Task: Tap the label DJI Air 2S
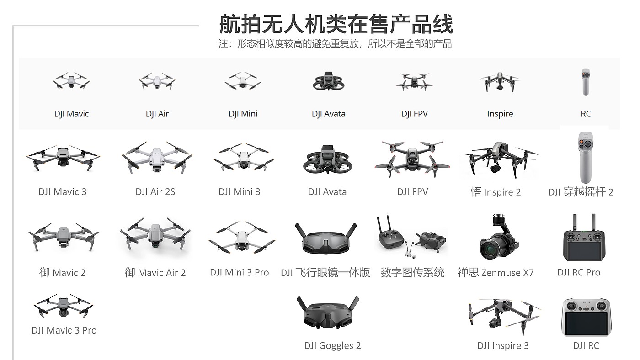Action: [x=155, y=192]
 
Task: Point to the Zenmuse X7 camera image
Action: [x=496, y=238]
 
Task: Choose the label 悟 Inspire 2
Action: [x=496, y=192]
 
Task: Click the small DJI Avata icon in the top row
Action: [x=328, y=82]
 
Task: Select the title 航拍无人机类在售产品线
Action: [x=336, y=24]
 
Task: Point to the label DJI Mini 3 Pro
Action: [x=240, y=273]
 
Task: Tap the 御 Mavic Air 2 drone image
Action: [x=155, y=235]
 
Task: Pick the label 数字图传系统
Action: [x=412, y=273]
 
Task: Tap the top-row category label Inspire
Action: [x=500, y=114]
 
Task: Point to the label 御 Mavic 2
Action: [x=63, y=273]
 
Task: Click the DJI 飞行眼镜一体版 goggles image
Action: [x=325, y=238]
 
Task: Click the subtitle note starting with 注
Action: [x=335, y=44]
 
